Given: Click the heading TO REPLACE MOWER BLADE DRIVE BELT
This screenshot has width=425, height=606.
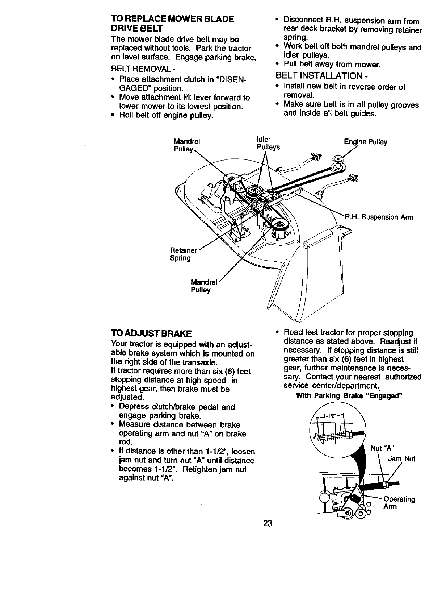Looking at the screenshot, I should [172, 23].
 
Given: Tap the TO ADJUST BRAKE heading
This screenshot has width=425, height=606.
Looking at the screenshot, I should [151, 333].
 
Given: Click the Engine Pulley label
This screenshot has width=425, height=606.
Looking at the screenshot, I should [365, 142].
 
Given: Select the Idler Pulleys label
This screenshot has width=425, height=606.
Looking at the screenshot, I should [268, 144].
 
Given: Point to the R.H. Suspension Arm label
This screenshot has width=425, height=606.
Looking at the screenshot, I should [378, 217].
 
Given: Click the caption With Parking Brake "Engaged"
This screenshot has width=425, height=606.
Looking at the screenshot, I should [349, 395].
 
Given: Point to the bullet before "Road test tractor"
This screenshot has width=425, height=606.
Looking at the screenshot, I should [277, 332].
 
